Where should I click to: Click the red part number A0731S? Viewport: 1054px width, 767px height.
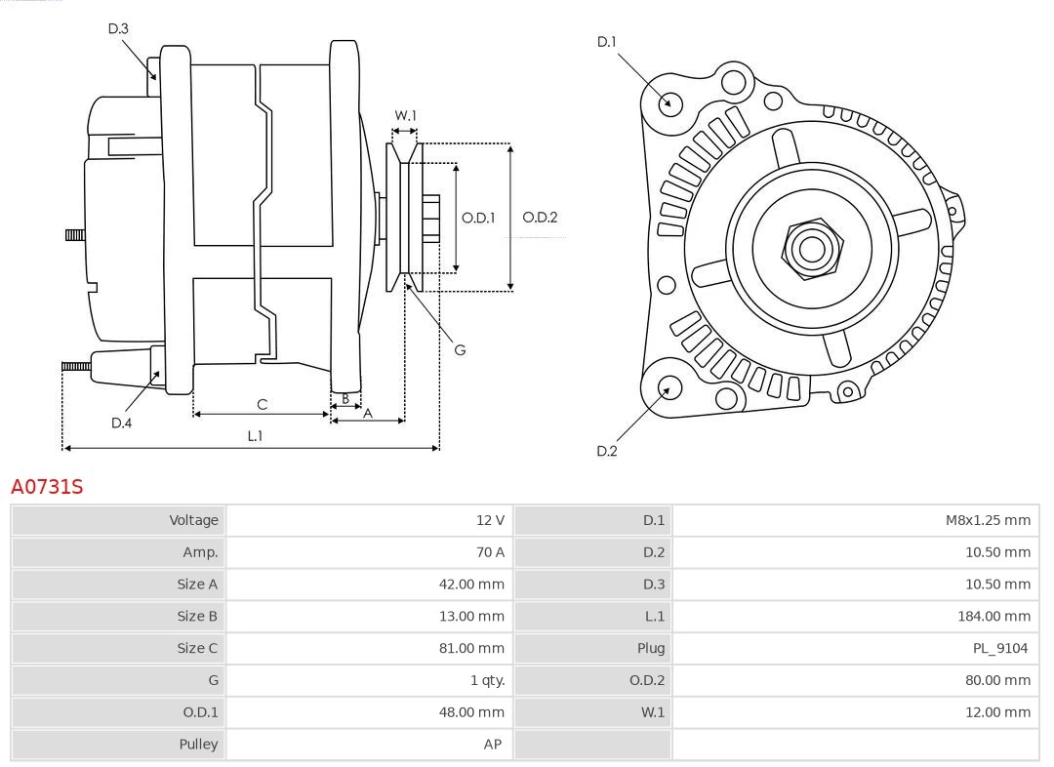tap(47, 486)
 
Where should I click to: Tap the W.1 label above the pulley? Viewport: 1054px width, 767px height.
tap(405, 115)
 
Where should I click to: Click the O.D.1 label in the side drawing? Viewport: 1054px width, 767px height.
tap(478, 218)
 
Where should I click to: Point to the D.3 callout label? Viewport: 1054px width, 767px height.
tap(118, 29)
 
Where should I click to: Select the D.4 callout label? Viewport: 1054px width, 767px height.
tap(121, 423)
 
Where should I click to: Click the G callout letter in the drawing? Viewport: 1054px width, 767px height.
tap(460, 349)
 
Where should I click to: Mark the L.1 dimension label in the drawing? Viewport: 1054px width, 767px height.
tap(254, 436)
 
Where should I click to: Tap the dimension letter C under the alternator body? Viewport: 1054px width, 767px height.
tap(262, 404)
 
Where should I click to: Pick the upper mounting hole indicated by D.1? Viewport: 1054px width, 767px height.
tap(669, 102)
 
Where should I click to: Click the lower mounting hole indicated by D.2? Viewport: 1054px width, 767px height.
tap(669, 388)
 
